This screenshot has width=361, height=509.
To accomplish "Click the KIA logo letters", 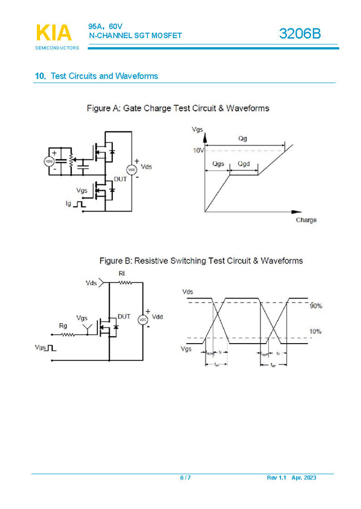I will point(54,33).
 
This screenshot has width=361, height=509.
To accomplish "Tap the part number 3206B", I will point(299,34).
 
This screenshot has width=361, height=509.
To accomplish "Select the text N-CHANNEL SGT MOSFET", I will point(135,36).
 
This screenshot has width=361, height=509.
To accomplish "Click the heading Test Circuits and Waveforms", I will point(104,76).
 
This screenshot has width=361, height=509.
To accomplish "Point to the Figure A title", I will point(177,108).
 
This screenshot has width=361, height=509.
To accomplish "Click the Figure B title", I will point(200,260).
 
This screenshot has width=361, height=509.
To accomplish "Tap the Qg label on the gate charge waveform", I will point(242,139).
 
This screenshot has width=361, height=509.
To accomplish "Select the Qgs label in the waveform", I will point(219,164).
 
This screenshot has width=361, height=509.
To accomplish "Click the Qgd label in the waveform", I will point(244,164).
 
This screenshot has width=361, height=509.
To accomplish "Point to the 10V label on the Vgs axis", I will point(199,150).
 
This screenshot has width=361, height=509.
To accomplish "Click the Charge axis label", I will point(306,220).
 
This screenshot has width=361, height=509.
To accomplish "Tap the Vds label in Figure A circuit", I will point(146,167).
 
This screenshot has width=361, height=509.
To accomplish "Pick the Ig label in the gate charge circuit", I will point(68,204).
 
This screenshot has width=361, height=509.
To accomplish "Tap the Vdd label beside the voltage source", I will point(157,317).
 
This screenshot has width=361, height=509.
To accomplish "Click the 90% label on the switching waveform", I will point(315,306).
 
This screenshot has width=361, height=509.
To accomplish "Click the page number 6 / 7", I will point(185,478).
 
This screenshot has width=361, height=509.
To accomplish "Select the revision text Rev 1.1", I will point(276,478).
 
